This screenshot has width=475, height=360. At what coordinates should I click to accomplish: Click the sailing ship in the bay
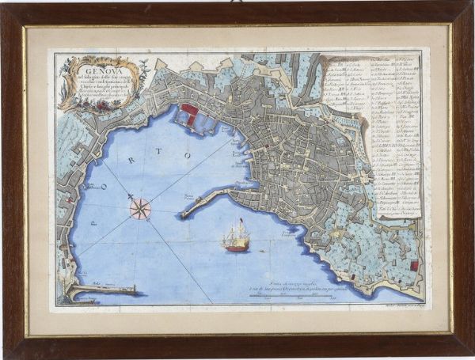(237, 236)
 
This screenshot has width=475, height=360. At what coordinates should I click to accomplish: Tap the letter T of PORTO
(188, 155)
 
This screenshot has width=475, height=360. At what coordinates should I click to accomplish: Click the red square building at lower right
(412, 266)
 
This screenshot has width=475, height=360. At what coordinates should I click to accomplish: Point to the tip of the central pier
(184, 214)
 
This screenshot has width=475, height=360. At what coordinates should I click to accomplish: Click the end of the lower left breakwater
(133, 289)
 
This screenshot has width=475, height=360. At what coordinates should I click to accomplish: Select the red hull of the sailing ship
(237, 248)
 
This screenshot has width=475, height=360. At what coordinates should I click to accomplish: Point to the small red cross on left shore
(69, 198)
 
